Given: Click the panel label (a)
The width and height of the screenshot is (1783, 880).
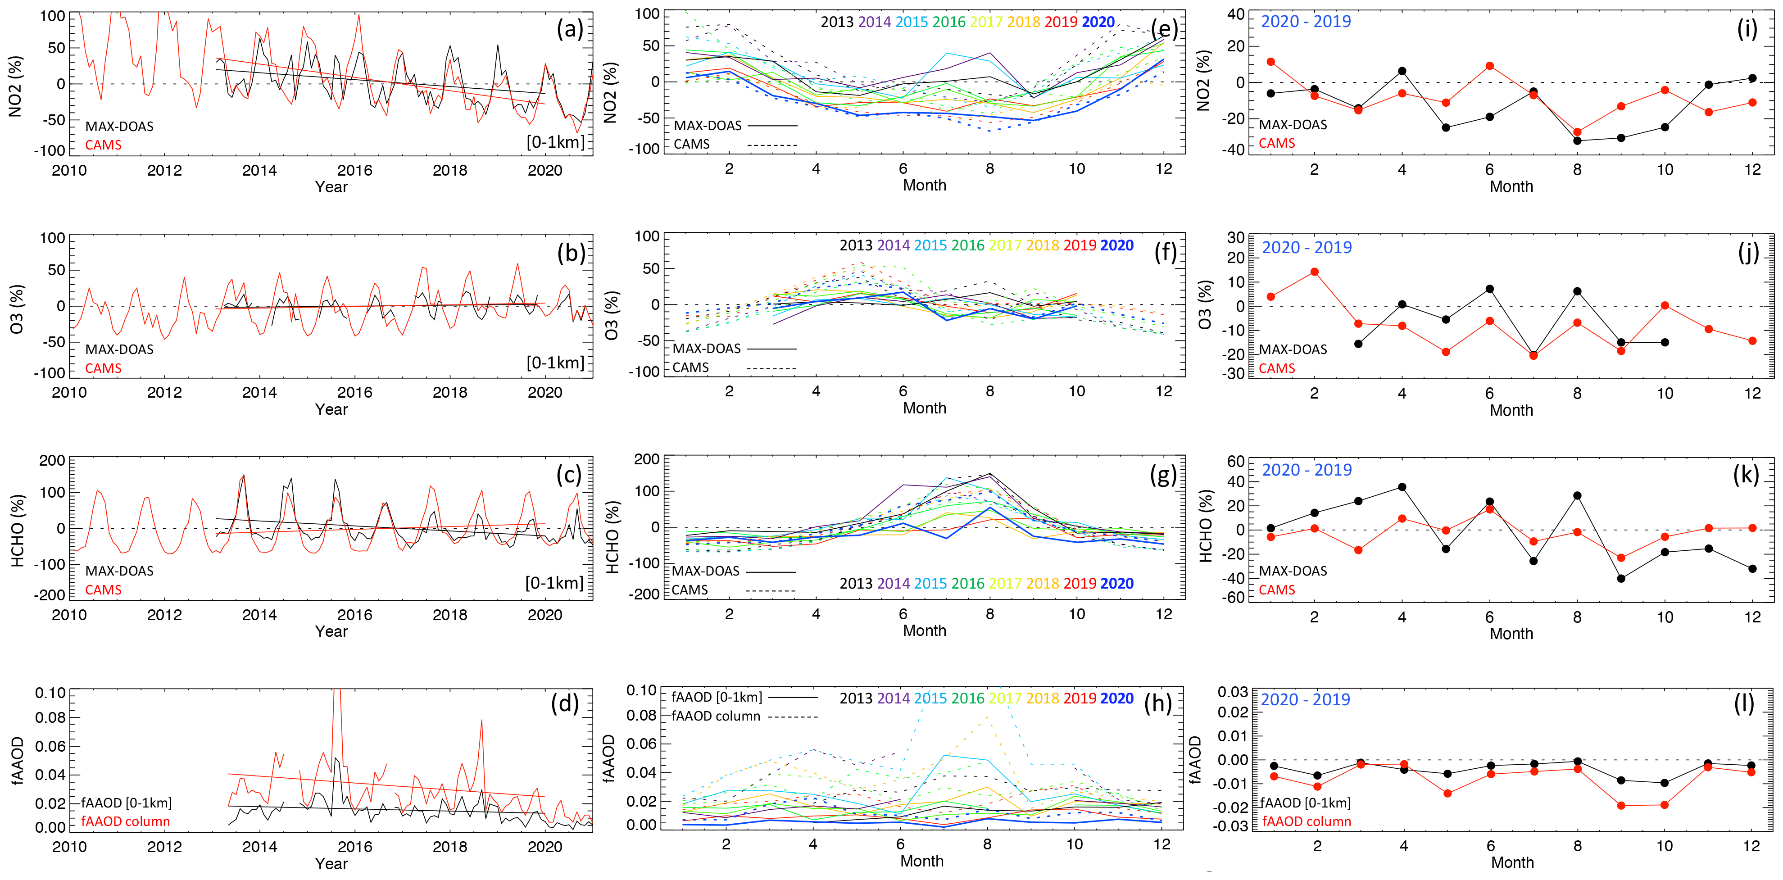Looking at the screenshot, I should (570, 29).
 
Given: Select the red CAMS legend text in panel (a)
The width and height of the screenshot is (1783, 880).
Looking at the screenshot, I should (103, 145).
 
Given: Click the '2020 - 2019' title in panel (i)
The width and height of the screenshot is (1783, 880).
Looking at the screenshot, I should (1306, 22).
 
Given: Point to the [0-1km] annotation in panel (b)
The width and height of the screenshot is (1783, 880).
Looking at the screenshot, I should (555, 363).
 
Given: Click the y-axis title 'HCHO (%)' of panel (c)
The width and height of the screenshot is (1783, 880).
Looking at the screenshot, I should (18, 530).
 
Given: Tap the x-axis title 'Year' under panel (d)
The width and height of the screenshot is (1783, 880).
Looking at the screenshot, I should (331, 863).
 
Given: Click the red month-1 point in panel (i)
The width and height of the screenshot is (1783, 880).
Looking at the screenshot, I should (1271, 62).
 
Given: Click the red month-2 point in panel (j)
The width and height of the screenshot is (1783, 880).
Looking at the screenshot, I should (1315, 272).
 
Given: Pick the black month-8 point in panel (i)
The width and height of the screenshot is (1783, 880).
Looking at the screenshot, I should (1578, 141).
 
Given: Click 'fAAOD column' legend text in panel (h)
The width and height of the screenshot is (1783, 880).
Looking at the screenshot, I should (716, 716).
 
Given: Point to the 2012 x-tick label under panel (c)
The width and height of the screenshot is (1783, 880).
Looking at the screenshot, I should (164, 615).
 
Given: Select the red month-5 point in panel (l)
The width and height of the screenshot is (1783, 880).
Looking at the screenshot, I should (1447, 794).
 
